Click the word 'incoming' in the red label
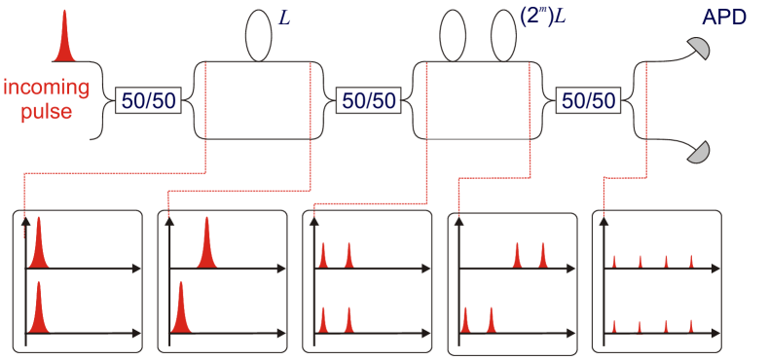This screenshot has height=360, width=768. pyautogui.click(x=47, y=88)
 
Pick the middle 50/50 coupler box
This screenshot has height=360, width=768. pyautogui.click(x=368, y=99)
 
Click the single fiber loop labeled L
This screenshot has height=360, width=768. pyautogui.click(x=258, y=36)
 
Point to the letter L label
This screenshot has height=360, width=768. pyautogui.click(x=285, y=18)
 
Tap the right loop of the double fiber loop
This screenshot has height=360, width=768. pyautogui.click(x=501, y=36)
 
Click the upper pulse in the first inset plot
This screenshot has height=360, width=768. pyautogui.click(x=39, y=245)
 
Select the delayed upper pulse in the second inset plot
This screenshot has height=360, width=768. pyautogui.click(x=206, y=245)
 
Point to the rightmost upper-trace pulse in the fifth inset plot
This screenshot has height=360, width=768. pyautogui.click(x=691, y=261)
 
